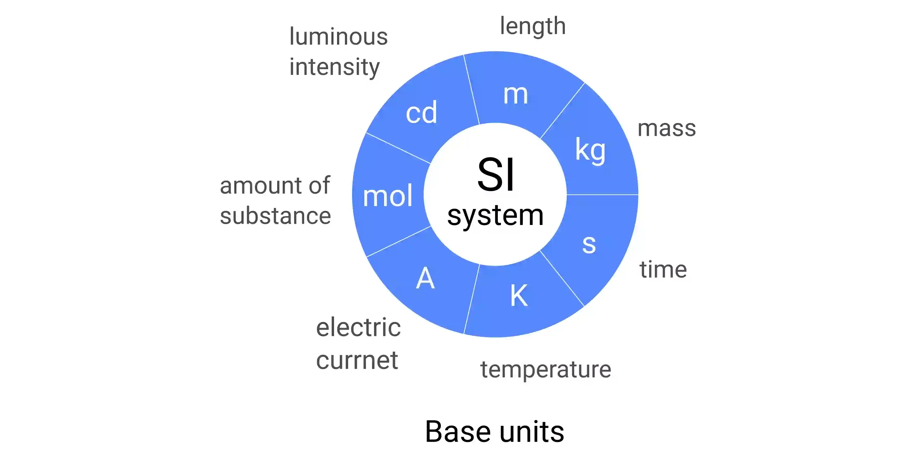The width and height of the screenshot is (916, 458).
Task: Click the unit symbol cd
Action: pos(421,112)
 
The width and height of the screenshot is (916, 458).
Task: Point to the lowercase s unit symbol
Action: pos(589,245)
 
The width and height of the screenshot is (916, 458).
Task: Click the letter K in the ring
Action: pos(519,296)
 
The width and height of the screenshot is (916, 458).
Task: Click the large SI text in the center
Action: pos(495,175)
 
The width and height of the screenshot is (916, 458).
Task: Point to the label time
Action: pos(663,270)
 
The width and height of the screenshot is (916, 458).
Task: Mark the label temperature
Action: pos(546,370)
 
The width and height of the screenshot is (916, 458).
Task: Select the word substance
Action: pos(276,216)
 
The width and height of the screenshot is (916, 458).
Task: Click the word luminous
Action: pos(338,37)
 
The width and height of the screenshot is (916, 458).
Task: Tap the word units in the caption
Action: pos(532,432)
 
